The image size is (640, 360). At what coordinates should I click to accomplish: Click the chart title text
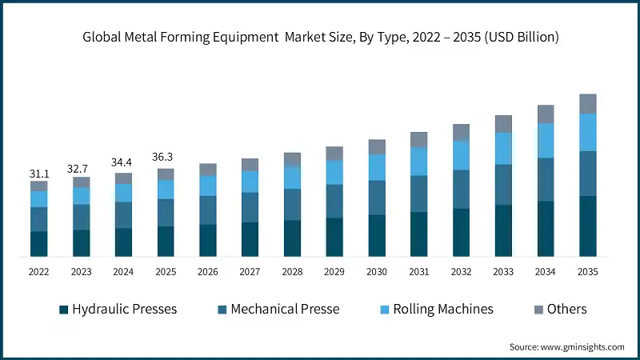click(x=320, y=37)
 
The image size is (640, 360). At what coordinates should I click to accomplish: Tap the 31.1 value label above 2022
click(x=38, y=173)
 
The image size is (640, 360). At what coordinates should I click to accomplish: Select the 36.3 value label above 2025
click(x=166, y=158)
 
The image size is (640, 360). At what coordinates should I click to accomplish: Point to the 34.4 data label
click(x=123, y=163)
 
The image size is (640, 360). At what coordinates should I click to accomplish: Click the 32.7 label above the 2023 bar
click(x=81, y=169)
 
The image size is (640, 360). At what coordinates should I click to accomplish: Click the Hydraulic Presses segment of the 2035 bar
click(x=588, y=226)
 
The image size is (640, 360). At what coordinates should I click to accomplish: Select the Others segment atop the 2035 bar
click(x=588, y=103)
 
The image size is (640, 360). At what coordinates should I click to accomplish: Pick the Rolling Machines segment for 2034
click(x=546, y=141)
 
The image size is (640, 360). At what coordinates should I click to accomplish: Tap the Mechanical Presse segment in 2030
click(x=377, y=197)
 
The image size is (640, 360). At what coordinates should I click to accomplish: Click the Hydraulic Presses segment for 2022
click(x=38, y=243)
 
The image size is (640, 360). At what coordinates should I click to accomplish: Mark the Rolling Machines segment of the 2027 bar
click(x=250, y=182)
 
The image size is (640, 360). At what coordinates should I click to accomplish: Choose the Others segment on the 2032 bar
click(x=462, y=132)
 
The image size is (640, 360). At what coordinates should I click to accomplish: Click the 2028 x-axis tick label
click(x=292, y=272)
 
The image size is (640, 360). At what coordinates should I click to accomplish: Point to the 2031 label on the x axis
click(x=419, y=272)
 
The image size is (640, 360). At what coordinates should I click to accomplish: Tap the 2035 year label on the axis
click(x=588, y=272)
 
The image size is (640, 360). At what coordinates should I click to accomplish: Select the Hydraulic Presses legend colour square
click(x=63, y=310)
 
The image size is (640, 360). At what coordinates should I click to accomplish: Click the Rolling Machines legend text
click(x=442, y=309)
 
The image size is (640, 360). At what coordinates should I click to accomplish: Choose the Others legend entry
click(x=566, y=309)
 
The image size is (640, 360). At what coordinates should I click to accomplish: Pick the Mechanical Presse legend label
click(x=285, y=309)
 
